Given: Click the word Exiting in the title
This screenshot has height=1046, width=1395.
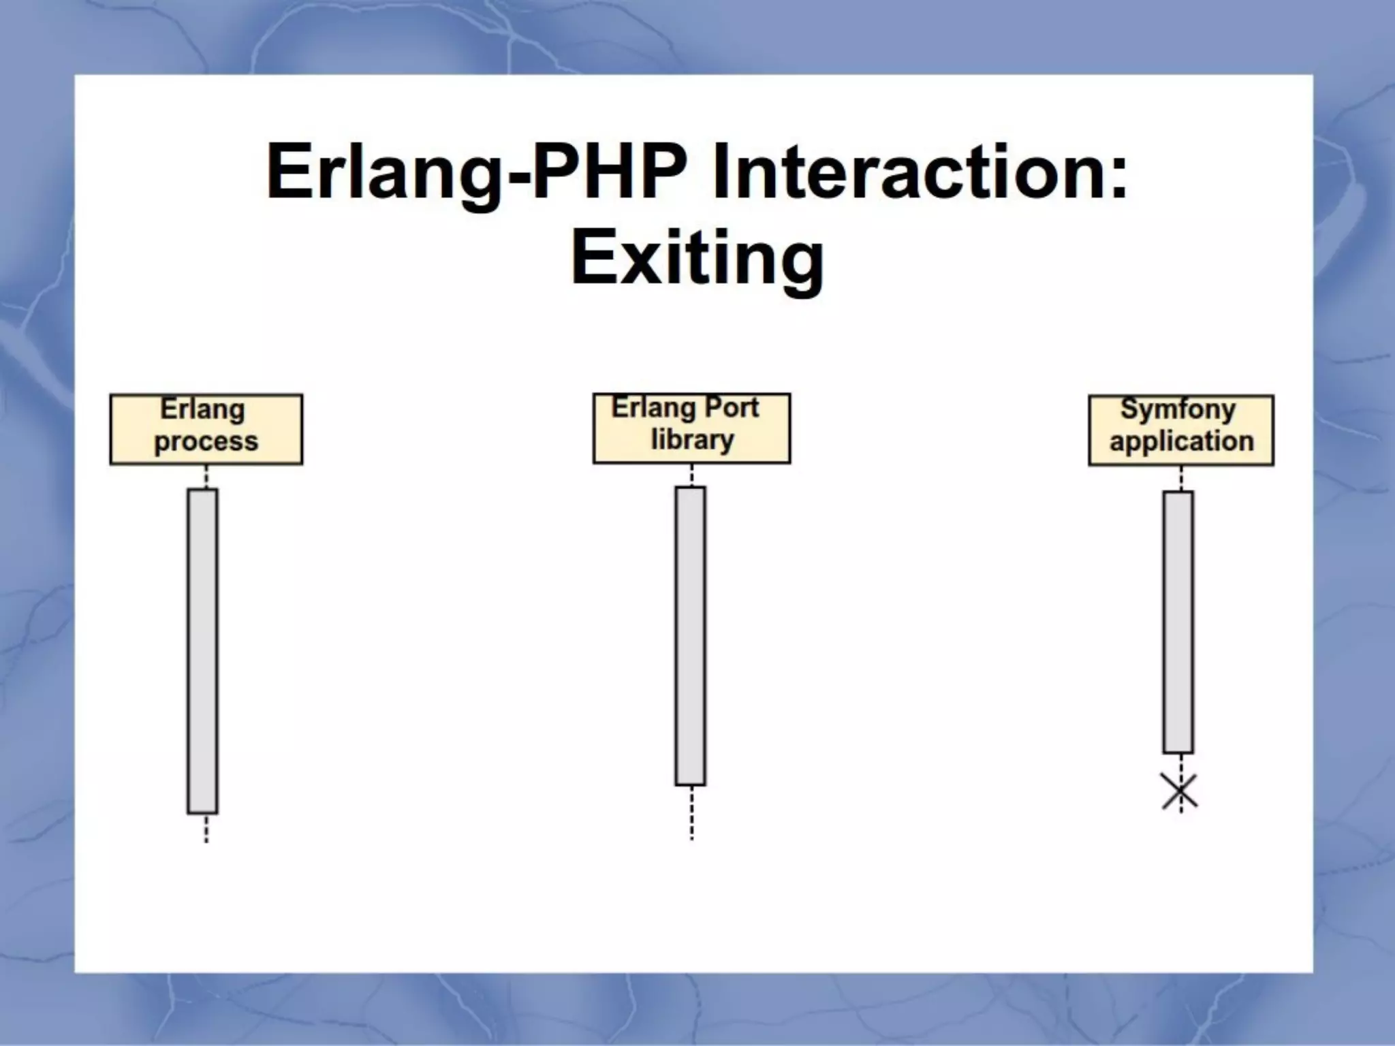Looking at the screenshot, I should click(697, 259).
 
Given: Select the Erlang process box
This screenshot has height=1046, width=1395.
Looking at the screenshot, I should click(206, 429).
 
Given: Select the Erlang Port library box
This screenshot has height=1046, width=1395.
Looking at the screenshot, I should click(691, 428).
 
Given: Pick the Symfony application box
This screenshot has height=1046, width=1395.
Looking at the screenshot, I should click(1180, 430).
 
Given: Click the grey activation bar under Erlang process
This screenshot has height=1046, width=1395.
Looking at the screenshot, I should click(202, 650).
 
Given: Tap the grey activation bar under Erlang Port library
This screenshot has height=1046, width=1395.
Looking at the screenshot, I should click(690, 635).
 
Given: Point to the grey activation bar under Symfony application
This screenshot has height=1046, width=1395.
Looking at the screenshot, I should click(1178, 622).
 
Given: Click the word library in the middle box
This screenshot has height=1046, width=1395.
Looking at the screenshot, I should click(692, 441).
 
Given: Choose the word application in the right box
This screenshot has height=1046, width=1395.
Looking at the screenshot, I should click(1181, 442).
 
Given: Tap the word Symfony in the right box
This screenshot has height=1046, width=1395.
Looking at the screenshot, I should click(1178, 410).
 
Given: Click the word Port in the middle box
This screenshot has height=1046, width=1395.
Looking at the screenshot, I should click(732, 408).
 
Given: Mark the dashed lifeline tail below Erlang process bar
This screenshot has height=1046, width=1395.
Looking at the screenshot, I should click(206, 828).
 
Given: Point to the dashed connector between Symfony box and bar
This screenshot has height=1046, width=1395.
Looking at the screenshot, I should click(1181, 479).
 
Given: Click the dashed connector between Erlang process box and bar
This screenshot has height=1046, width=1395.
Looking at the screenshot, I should click(206, 477).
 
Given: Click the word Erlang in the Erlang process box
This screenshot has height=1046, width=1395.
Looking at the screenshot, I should click(202, 410).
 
